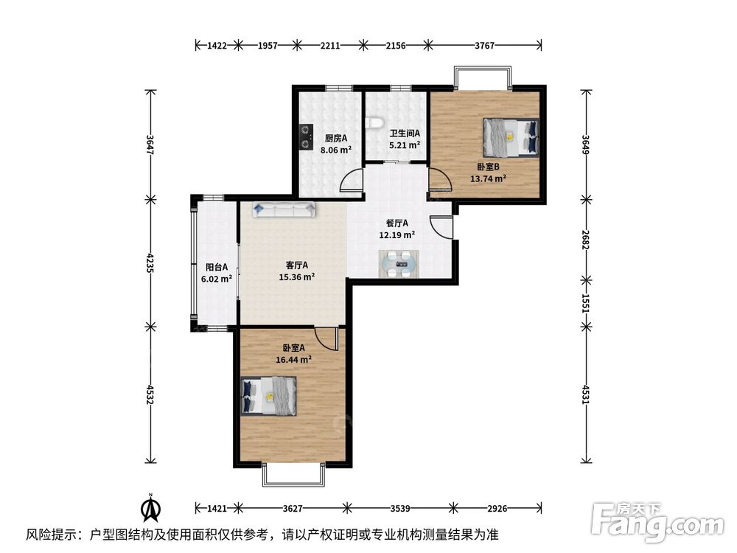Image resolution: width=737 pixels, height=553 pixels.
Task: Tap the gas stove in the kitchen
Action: tap(307, 137)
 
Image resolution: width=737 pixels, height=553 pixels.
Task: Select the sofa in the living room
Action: tap(284, 209)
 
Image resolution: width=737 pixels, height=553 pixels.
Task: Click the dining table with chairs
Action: tap(399, 264)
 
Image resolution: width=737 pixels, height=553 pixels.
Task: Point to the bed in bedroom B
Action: tap(511, 137)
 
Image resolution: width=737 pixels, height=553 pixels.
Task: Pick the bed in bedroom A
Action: tap(269, 395)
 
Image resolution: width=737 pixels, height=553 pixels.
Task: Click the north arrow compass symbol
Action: tap(151, 508)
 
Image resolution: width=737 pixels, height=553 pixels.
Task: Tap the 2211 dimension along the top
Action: tap(330, 46)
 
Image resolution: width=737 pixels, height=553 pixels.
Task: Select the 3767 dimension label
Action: tap(485, 46)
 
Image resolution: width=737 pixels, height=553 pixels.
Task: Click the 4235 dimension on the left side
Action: tap(150, 263)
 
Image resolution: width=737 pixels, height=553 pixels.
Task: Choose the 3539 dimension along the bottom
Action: tap(400, 508)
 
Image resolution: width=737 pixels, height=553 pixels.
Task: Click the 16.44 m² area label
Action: tap(294, 360)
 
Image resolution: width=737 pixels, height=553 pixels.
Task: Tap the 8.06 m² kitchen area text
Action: tap(336, 150)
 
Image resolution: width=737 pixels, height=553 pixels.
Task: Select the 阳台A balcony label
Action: tap(217, 267)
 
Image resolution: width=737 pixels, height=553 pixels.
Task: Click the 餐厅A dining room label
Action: tap(397, 223)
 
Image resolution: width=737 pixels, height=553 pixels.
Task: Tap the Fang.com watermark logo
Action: tap(657, 521)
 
